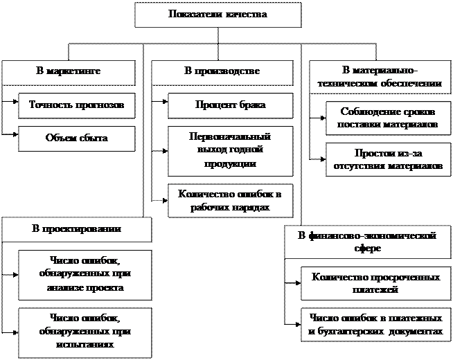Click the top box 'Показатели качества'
pyautogui.click(x=217, y=15)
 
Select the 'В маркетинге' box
pyautogui.click(x=68, y=72)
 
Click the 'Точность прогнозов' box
pyautogui.click(x=76, y=105)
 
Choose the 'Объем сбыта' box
pyautogui.click(x=76, y=138)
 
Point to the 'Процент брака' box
pyautogui.click(x=230, y=105)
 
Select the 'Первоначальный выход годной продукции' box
pyautogui.click(x=230, y=151)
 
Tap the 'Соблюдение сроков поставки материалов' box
pyautogui.click(x=388, y=118)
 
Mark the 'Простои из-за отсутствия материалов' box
pyautogui.click(x=388, y=160)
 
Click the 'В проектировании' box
pyautogui.click(x=76, y=229)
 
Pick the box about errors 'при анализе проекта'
pyautogui.click(x=86, y=274)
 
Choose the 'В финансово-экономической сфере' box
pyautogui.click(x=367, y=242)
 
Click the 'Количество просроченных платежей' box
pyautogui.click(x=376, y=284)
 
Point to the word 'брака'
pyautogui.click(x=251, y=105)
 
